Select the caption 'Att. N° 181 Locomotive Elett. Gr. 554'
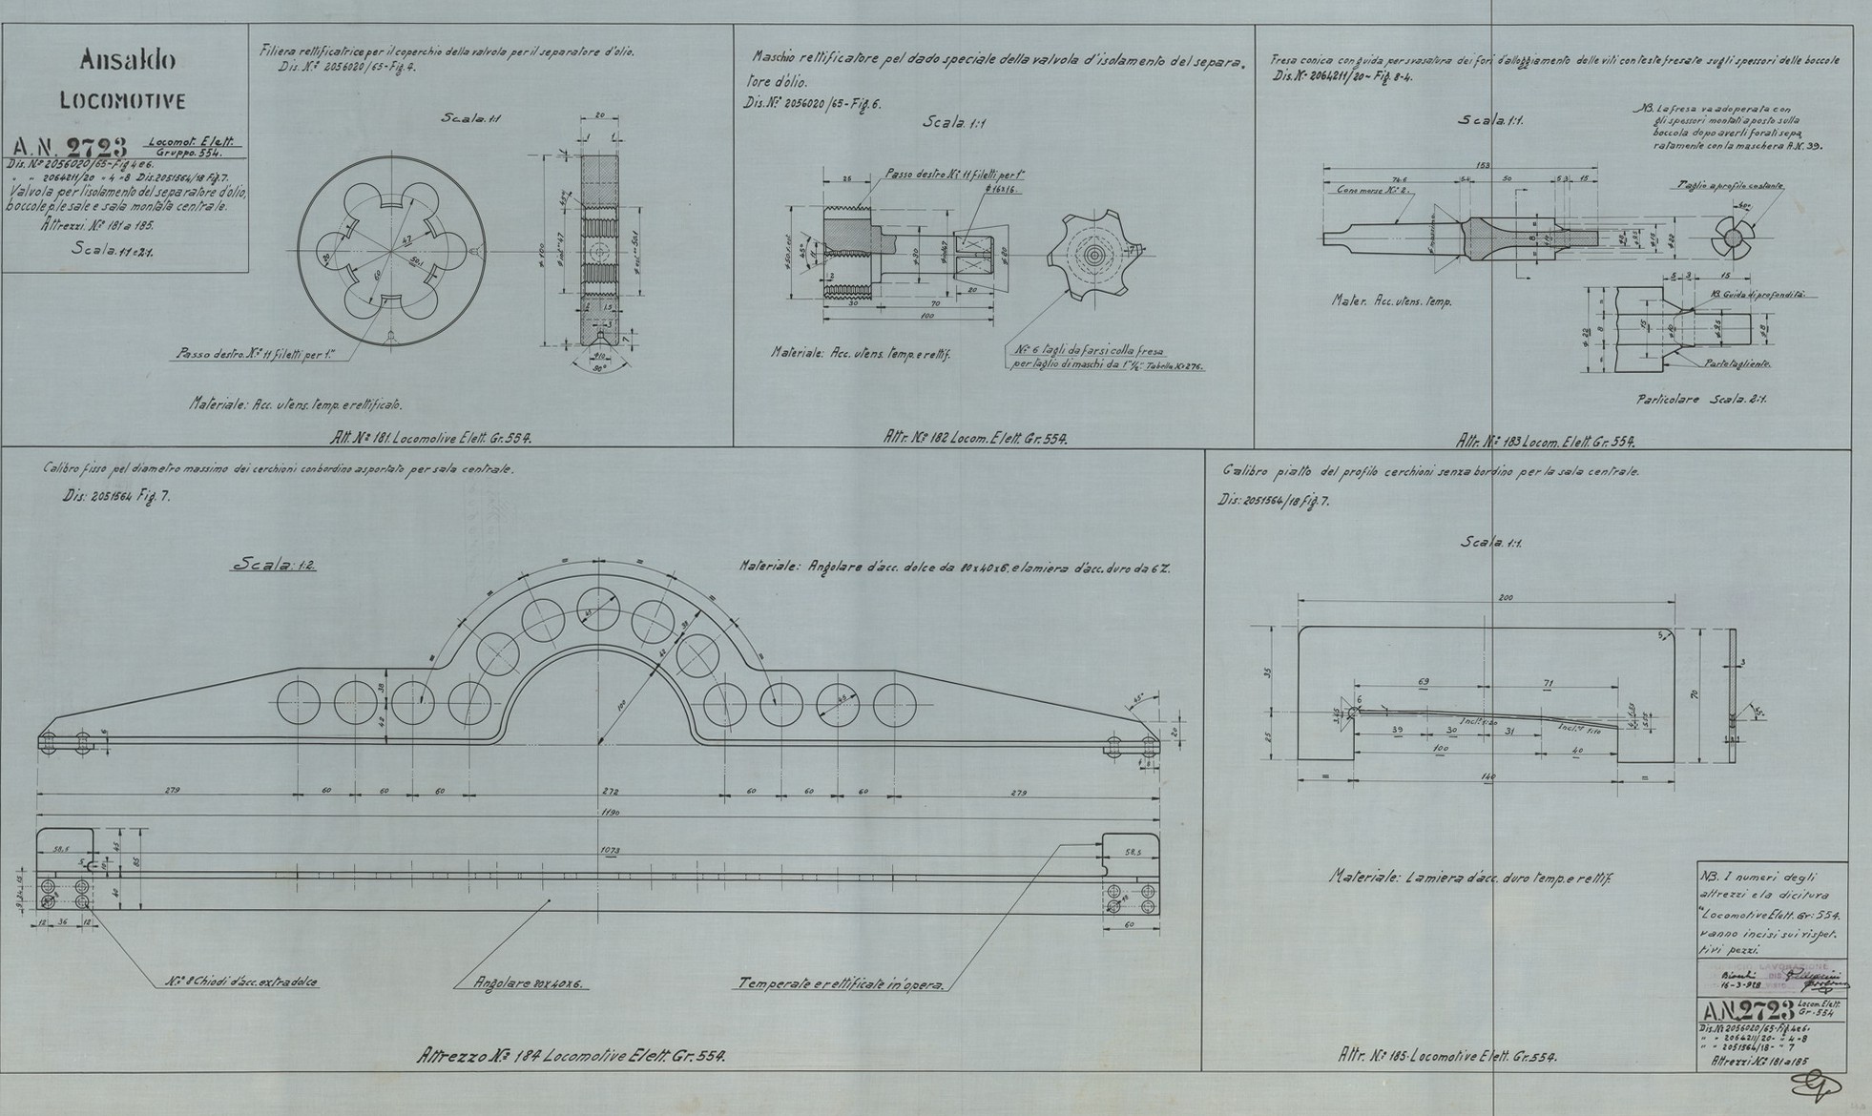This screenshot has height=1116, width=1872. coord(430,439)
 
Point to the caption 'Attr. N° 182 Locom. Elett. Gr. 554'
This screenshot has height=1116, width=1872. coord(975,439)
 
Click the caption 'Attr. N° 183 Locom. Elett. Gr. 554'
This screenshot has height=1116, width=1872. coord(1546,442)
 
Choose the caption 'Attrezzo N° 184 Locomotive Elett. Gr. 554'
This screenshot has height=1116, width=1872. coord(572,1057)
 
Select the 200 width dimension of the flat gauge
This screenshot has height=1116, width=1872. coord(1505,596)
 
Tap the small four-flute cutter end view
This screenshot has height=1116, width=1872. coord(1728,235)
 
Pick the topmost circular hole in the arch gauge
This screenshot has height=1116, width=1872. coord(598,609)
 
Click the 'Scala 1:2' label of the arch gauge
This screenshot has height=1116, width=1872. coord(276,565)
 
